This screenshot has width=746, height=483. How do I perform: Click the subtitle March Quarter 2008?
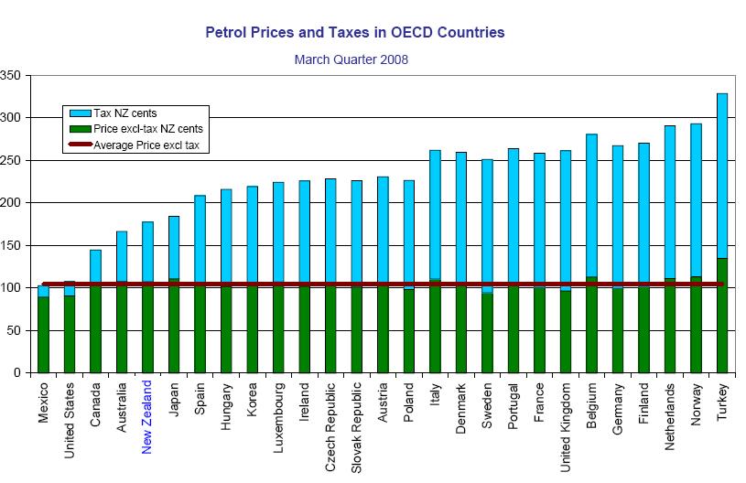pos(351,59)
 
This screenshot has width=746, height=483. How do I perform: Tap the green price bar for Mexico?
pos(43,334)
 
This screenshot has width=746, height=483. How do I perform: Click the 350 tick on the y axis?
pos(12,75)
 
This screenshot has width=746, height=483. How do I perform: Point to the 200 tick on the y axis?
pos(12,202)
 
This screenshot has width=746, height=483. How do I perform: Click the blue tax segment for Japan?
pos(174,247)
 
